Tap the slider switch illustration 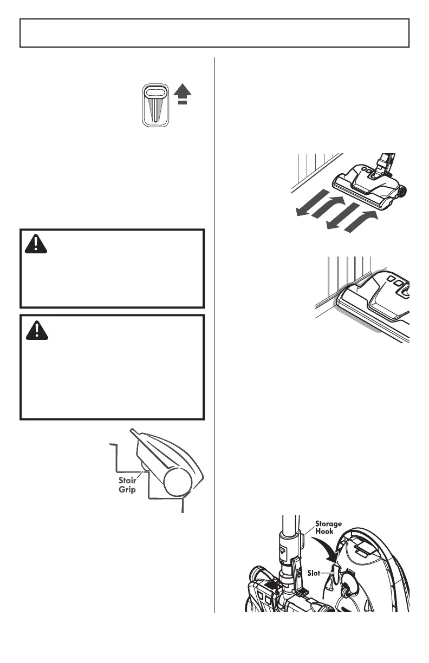pos(157,106)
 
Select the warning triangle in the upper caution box pos(36,244)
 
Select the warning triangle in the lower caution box pos(36,330)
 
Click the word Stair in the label pos(129,480)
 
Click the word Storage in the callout pos(328,524)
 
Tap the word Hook pos(325,532)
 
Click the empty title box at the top pos(214,33)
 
